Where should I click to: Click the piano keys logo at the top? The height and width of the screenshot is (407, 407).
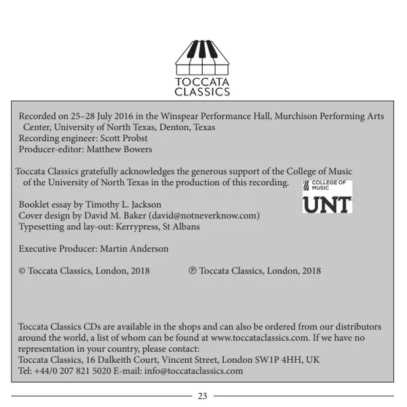coord(202,57)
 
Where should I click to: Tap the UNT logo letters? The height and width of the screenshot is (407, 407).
coord(327,203)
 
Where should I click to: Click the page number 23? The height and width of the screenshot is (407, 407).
coord(202,396)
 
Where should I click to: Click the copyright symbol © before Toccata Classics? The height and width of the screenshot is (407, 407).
coord(22,271)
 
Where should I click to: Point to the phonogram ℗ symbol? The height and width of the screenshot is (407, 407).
coord(193,271)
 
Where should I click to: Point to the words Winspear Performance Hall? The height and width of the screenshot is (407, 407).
coord(216,116)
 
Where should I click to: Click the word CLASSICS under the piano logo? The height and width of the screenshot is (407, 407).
coord(202,92)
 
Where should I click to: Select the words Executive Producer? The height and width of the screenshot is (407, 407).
coord(58,249)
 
